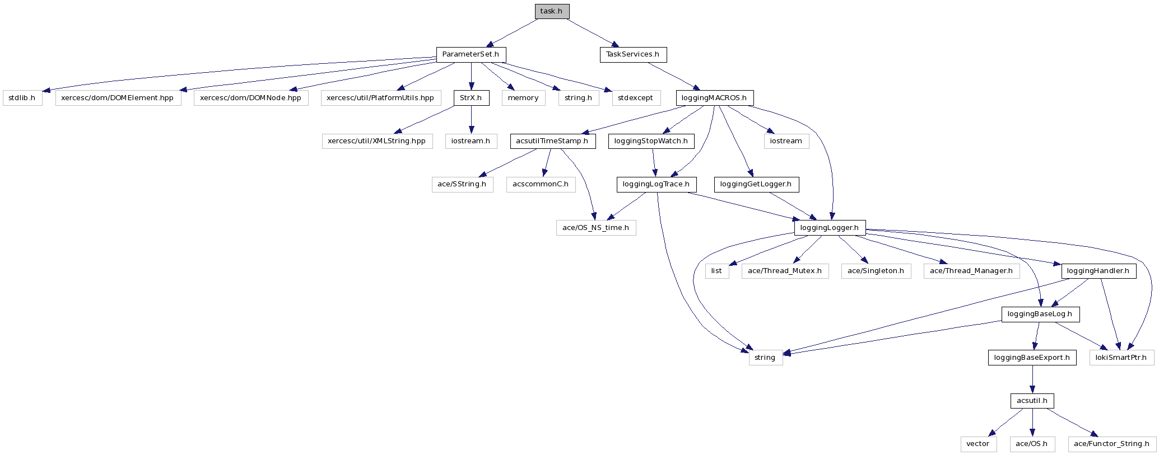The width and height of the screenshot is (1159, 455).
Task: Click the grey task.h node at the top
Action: (552, 11)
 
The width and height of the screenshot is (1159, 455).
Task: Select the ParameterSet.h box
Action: (471, 54)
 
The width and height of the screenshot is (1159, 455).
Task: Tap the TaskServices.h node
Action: (633, 54)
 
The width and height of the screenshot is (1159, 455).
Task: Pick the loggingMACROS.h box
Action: (714, 98)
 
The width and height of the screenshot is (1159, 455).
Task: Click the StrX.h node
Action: (471, 98)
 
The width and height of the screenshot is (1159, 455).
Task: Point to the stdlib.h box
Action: (22, 98)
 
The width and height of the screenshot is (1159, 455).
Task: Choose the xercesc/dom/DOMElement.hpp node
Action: (118, 98)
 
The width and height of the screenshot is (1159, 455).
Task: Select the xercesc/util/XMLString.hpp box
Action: (377, 141)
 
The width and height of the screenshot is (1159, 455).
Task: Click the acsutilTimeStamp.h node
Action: (552, 141)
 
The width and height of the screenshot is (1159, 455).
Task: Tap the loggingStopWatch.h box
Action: (651, 141)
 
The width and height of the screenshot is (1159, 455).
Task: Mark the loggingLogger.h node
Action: (830, 228)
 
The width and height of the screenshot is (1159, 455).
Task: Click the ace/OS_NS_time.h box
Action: (596, 228)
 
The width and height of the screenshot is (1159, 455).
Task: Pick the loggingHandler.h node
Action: (1099, 271)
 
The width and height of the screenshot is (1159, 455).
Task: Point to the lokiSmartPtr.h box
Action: (1121, 358)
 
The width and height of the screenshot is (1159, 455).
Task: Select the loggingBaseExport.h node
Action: (1032, 358)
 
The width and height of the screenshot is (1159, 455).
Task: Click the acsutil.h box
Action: (1032, 401)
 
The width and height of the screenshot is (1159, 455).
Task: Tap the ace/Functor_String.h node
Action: (1112, 444)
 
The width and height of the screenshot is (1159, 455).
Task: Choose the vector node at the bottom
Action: (978, 444)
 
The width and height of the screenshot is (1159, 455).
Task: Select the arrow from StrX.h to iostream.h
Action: (471, 119)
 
